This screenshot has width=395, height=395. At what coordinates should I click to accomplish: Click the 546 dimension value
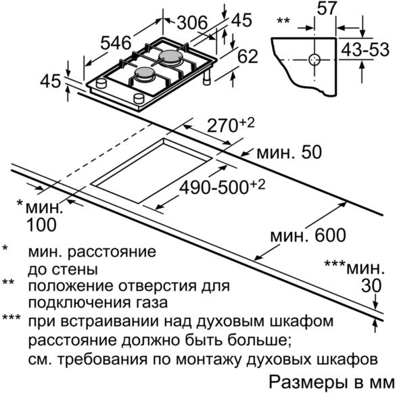pos(116,43)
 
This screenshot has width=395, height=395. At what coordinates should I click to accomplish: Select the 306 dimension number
pos(192,23)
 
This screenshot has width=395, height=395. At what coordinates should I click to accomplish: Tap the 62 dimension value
pos(248,56)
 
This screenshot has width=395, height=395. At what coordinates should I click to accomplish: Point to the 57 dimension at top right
pos(327,8)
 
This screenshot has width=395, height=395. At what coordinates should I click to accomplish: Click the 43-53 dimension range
pos(365,49)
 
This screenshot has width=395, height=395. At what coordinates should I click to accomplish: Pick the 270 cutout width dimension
pos(231,125)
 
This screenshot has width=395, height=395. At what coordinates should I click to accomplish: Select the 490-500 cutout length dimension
pos(222,187)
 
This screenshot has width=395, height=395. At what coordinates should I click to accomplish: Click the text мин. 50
pos(289,152)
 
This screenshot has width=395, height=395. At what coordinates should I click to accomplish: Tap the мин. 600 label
pos(308,235)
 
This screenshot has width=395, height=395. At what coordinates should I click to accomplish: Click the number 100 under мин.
pos(41,225)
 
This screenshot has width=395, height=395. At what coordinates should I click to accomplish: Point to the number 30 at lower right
pos(371,286)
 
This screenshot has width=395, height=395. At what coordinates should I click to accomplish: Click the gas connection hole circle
pos(315,60)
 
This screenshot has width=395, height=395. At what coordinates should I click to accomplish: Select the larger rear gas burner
pos(170,56)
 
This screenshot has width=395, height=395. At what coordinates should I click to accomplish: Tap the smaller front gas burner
pos(144,74)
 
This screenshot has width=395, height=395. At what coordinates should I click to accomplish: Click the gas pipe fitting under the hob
pos(207,78)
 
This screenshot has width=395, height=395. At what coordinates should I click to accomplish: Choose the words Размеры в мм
pos(331,382)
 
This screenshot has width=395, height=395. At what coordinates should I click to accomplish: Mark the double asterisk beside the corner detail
pos(283,20)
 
